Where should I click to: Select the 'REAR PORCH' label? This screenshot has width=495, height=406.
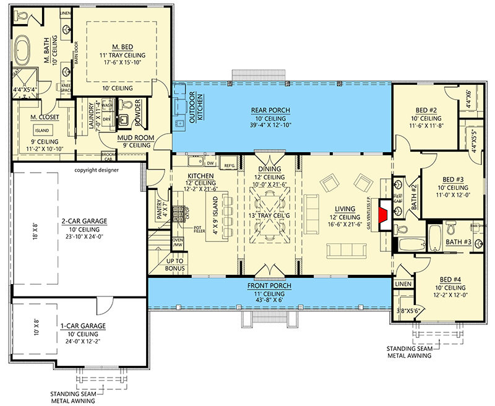(x=270, y=111)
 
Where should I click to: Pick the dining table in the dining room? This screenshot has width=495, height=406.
(x=270, y=214)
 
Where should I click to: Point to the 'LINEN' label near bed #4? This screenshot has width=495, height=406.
(x=403, y=283)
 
